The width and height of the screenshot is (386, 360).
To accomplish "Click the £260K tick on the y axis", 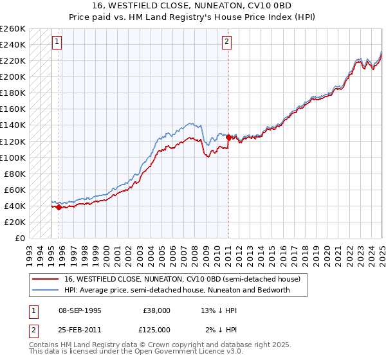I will (13, 29).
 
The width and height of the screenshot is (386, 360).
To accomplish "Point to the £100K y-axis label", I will (13, 157).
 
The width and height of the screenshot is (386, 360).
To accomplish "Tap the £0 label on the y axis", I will (20, 238).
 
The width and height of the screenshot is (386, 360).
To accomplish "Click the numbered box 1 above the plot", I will (57, 42).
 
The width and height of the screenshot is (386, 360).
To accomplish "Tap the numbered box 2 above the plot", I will (227, 42).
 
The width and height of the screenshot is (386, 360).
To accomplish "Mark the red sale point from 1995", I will (59, 207).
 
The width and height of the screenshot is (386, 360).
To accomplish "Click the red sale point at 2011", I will (228, 137).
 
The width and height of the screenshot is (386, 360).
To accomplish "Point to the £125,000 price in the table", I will (156, 329).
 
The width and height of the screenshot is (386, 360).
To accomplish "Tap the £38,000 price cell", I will (156, 310).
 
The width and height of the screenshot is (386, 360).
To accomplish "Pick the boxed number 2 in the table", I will (33, 329).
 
